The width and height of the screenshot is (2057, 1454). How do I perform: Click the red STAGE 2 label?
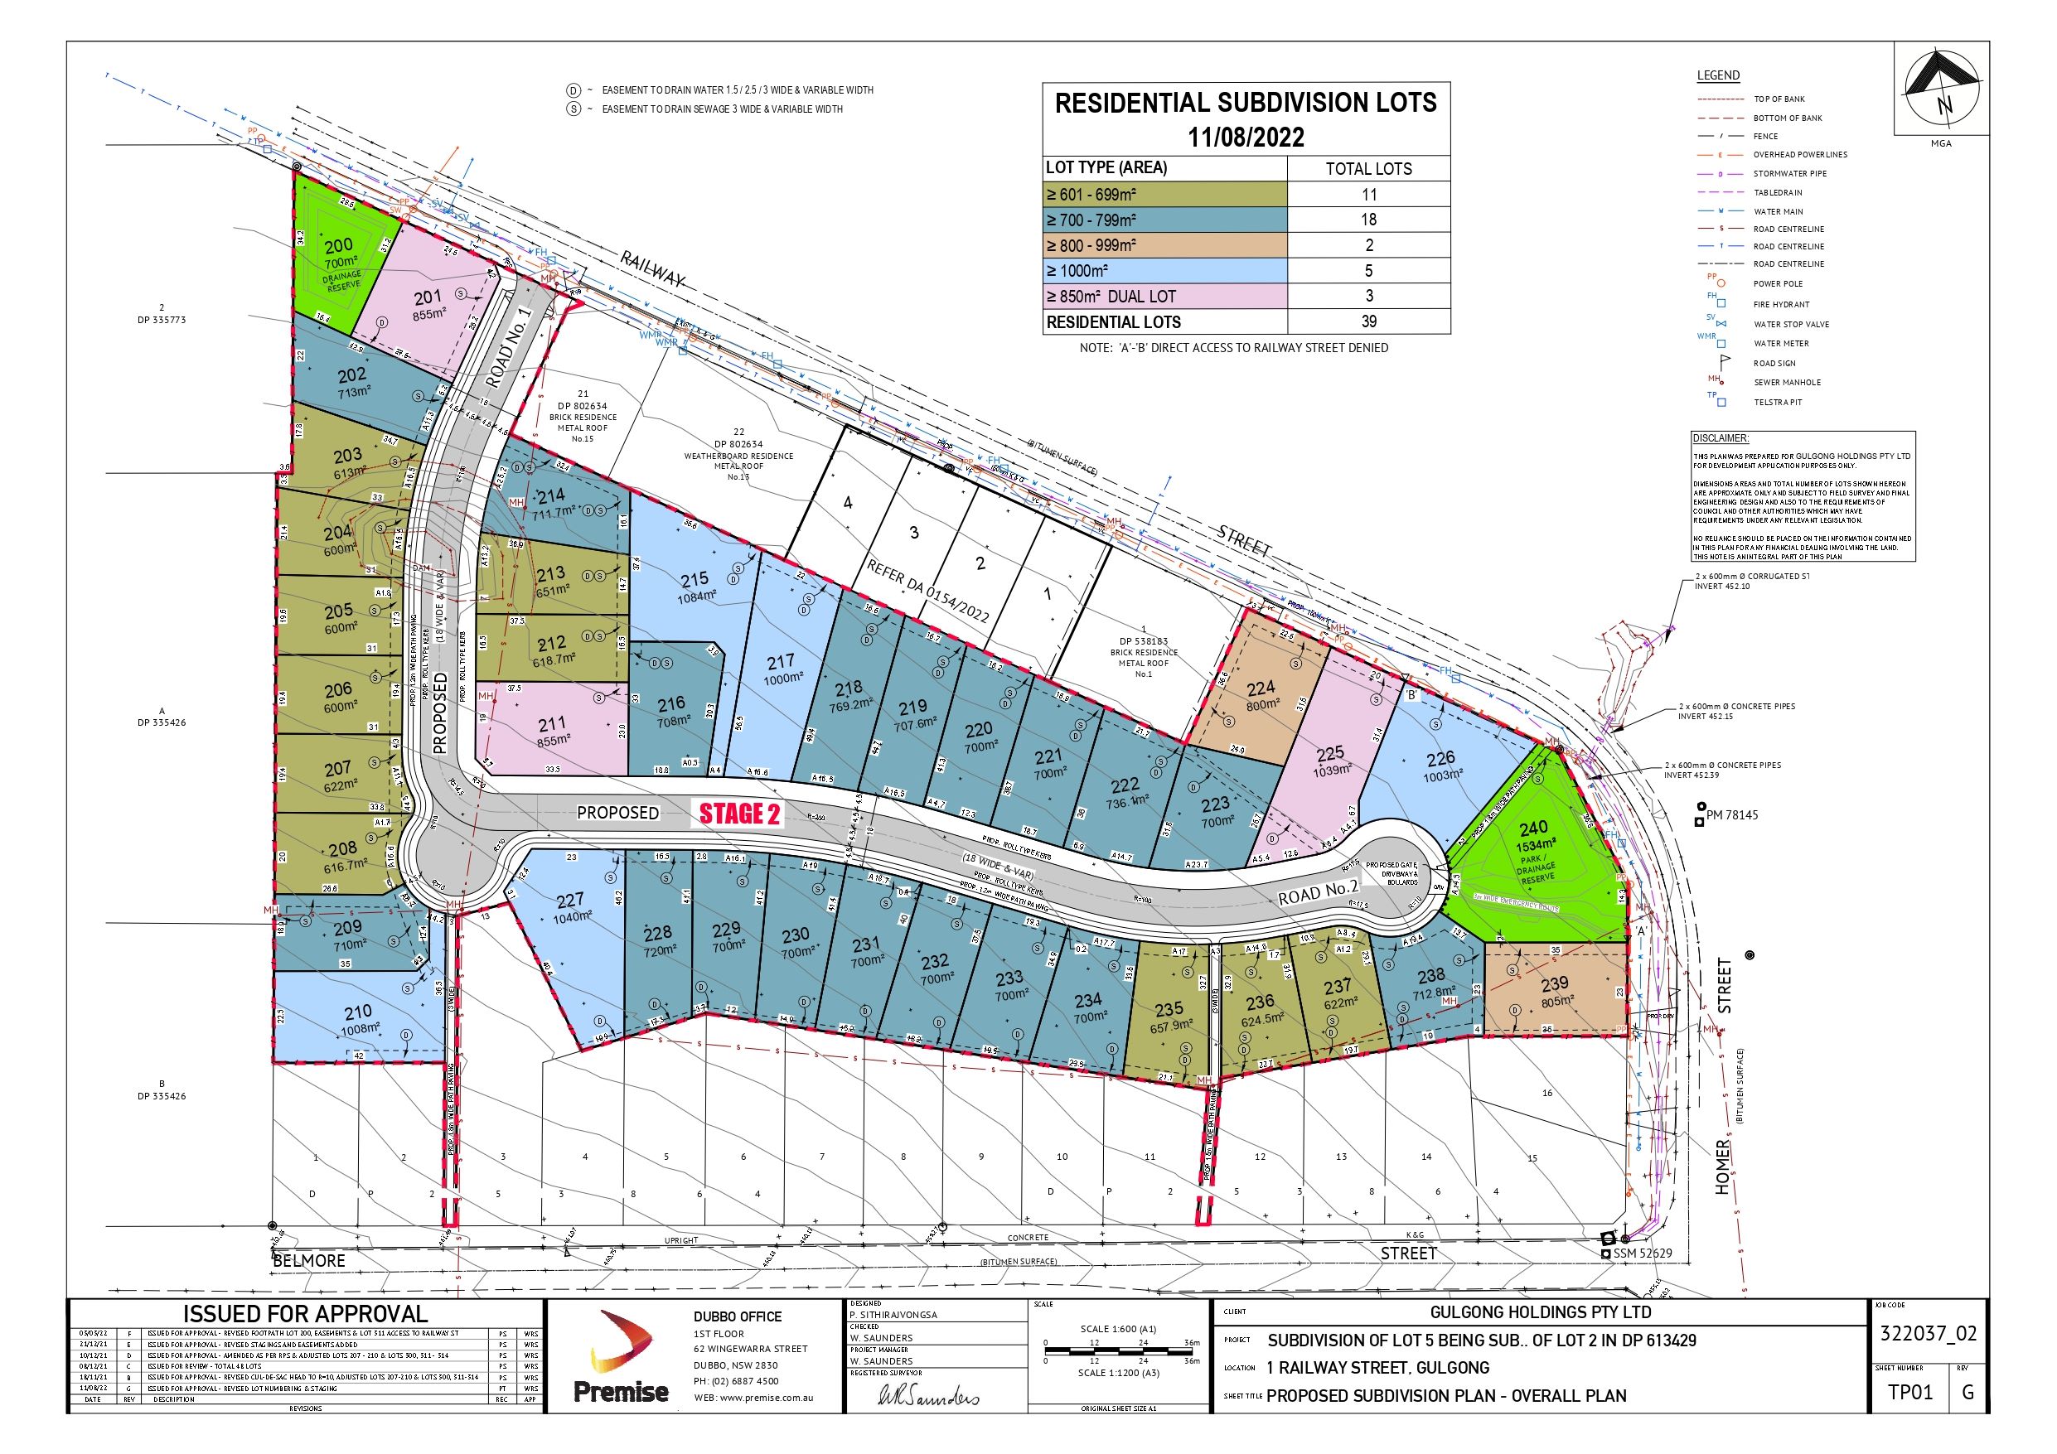tap(740, 814)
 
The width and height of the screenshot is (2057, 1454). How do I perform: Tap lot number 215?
tap(695, 580)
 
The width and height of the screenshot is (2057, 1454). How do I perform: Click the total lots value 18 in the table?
tap(1368, 220)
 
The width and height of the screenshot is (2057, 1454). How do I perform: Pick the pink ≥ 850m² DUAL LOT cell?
tap(1164, 297)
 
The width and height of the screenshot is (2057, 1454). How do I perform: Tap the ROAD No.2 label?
tap(1318, 892)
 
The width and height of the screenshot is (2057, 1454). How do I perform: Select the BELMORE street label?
tap(309, 1260)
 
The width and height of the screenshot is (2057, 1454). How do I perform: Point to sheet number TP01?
tap(1910, 1392)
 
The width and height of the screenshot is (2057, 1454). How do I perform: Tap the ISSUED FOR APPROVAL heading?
tap(306, 1313)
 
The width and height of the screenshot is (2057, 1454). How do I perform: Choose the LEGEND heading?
tap(1717, 75)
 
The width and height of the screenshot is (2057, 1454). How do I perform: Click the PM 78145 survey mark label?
tap(1732, 815)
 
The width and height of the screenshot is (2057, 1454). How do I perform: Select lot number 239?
tap(1555, 984)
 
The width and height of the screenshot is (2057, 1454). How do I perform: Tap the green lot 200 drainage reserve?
tap(338, 246)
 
